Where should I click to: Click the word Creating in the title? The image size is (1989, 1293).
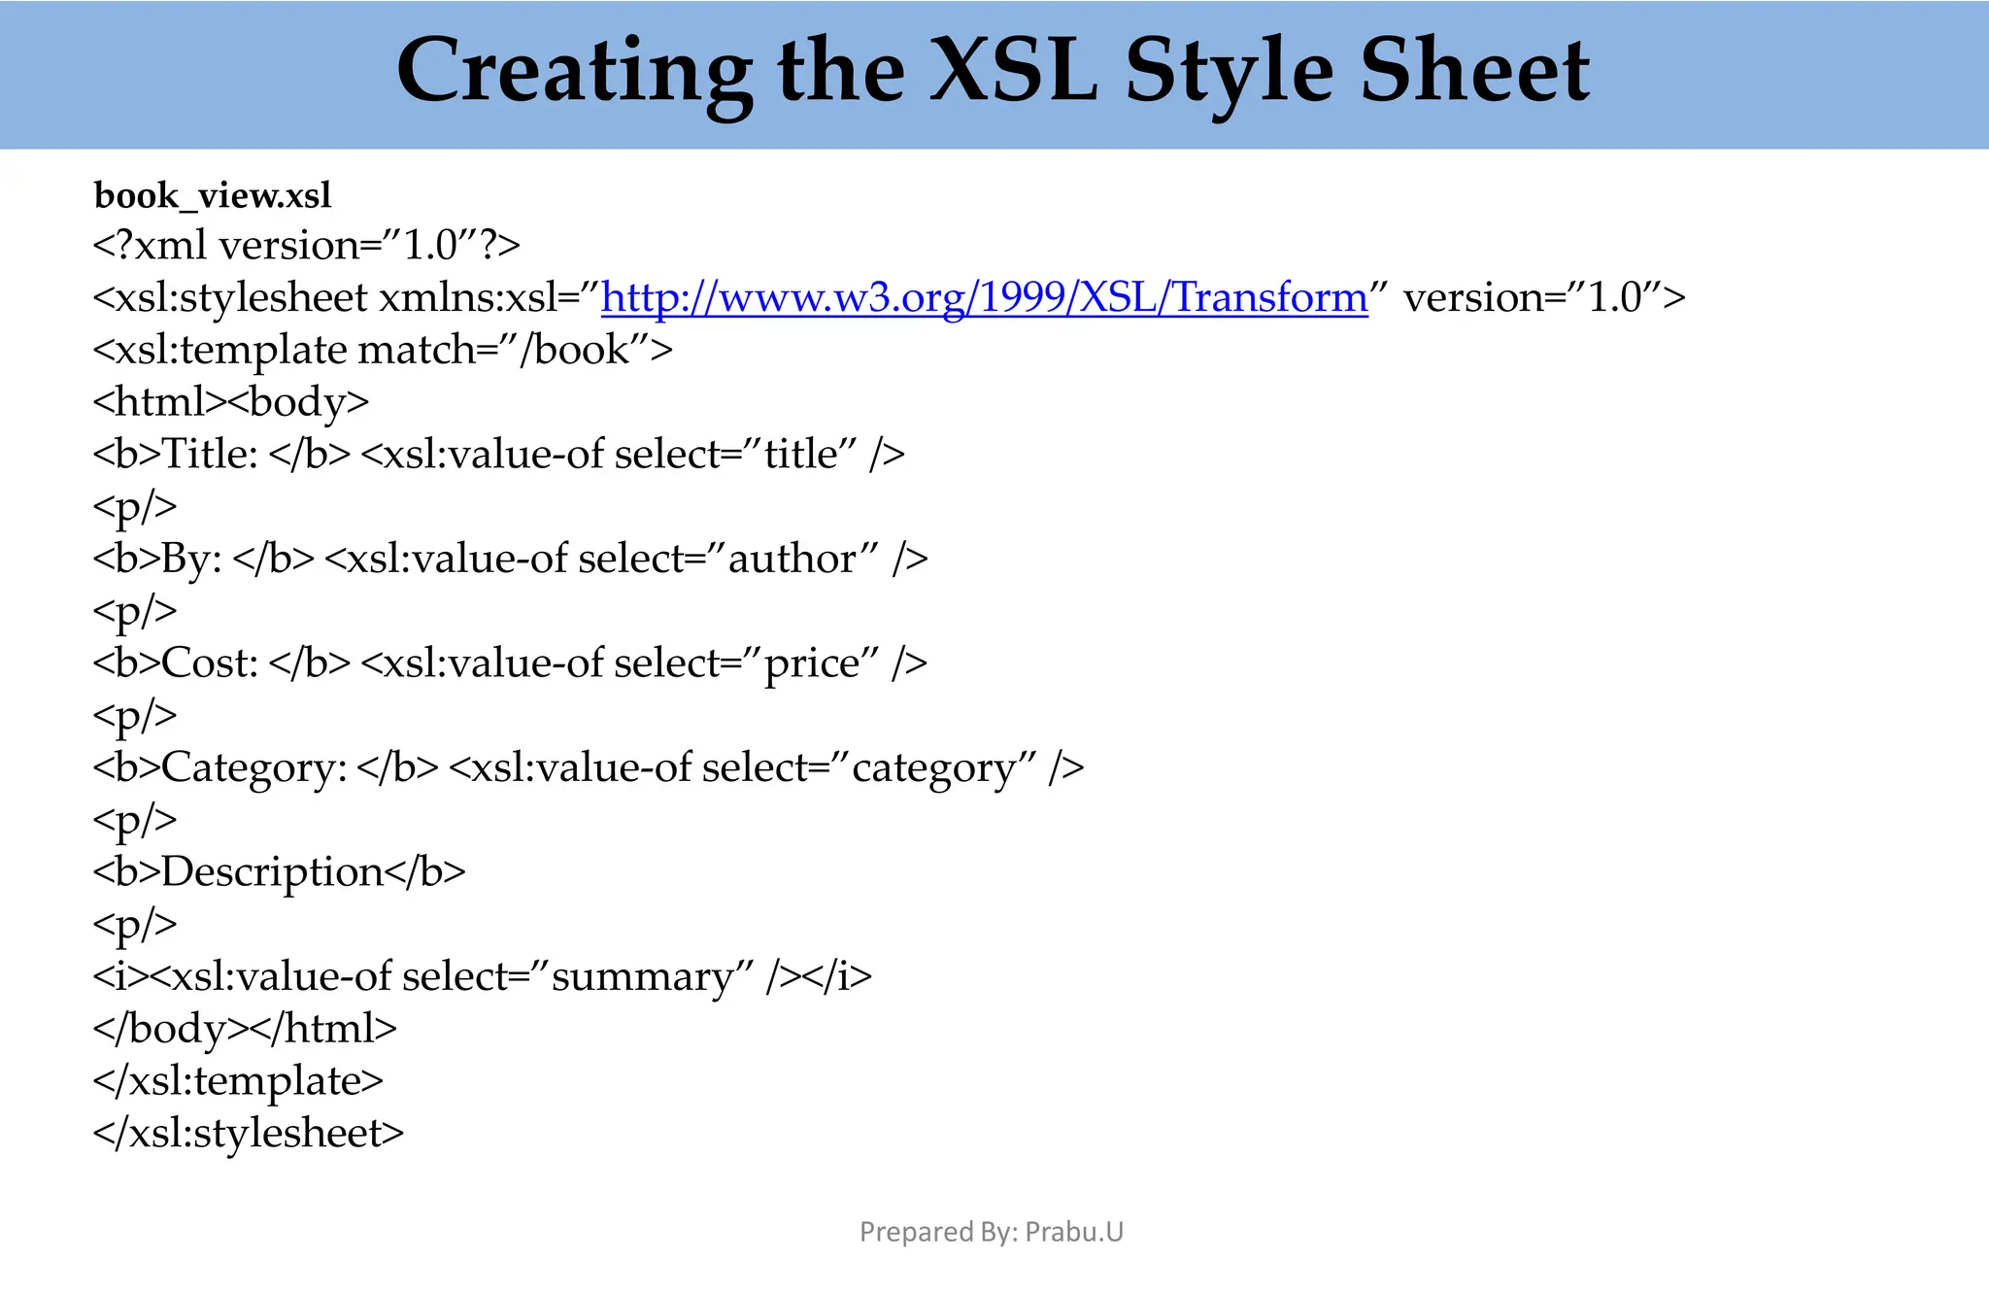[x=573, y=73]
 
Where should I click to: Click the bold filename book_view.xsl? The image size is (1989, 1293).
[x=213, y=196]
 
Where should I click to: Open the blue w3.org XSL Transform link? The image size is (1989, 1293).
[x=984, y=297]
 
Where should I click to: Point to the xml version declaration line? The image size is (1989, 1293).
[x=306, y=246]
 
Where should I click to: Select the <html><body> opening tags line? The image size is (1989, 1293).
[x=231, y=402]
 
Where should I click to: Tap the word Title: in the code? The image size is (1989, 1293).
[x=210, y=455]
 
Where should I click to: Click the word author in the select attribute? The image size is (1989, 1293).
[x=792, y=560]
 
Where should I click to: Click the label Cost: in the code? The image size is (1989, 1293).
[x=210, y=664]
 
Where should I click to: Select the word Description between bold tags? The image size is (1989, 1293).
[x=272, y=872]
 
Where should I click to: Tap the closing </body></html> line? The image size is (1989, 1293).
[x=245, y=1029]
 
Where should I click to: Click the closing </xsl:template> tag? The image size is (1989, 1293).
[x=238, y=1081]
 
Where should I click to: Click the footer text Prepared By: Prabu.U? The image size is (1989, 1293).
[x=991, y=1232]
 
